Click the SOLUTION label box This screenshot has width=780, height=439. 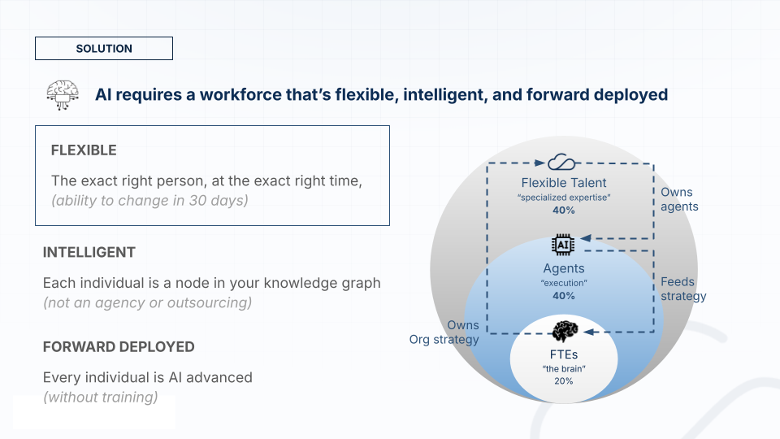pos(104,48)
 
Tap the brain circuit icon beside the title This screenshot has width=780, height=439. pos(63,94)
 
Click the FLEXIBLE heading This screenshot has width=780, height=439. pos(84,150)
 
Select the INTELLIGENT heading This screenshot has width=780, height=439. pos(89,252)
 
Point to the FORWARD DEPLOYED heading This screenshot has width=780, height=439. pos(119,346)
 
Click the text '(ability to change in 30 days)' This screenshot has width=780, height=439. pos(149,200)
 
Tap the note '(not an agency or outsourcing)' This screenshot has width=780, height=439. pos(147,302)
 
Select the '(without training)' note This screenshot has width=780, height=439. pos(101,397)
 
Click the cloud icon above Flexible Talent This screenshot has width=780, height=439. pos(561,163)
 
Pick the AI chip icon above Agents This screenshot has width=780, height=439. pos(563,245)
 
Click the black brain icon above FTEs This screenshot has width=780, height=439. pos(565,331)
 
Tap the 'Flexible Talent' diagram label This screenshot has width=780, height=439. pos(564,183)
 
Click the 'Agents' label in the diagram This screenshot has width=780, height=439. pos(564,268)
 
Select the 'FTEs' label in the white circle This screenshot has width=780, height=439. pos(564,354)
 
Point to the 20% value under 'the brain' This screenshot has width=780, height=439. pos(564,380)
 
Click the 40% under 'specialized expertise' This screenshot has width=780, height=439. pos(564,210)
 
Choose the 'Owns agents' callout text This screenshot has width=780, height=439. pos(679,199)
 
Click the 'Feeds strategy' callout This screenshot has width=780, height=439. pos(683,289)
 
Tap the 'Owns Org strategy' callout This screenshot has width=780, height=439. pos(444,332)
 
